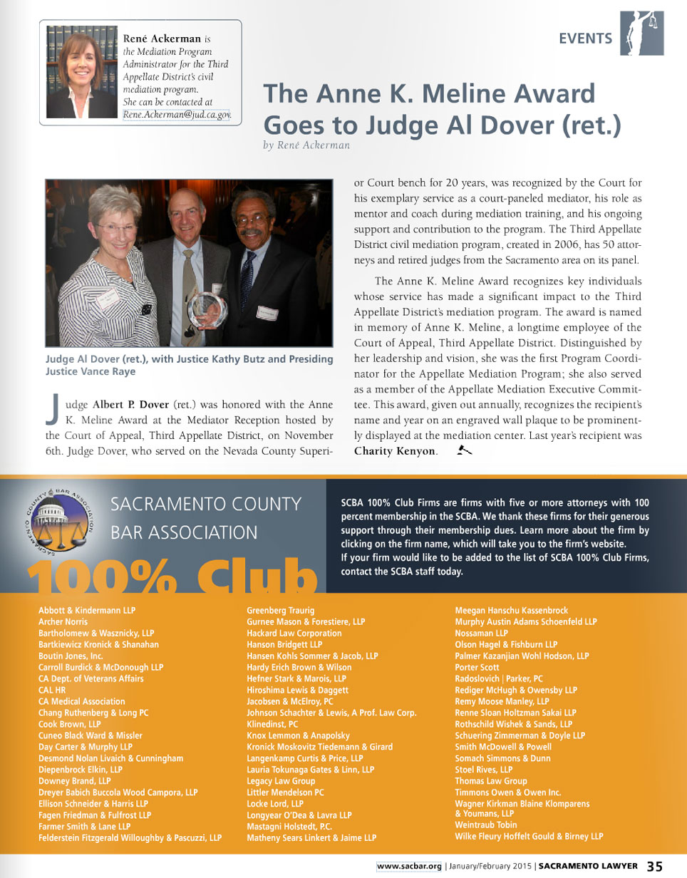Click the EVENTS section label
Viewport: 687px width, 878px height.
(585, 38)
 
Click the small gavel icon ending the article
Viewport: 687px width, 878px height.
(465, 450)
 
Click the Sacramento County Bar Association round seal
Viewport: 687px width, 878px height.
(61, 525)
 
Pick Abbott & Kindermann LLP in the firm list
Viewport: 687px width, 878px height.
(86, 611)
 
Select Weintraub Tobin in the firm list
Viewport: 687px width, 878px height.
(486, 825)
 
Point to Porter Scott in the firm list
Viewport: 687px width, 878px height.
(477, 668)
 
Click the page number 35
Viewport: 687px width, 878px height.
(655, 866)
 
